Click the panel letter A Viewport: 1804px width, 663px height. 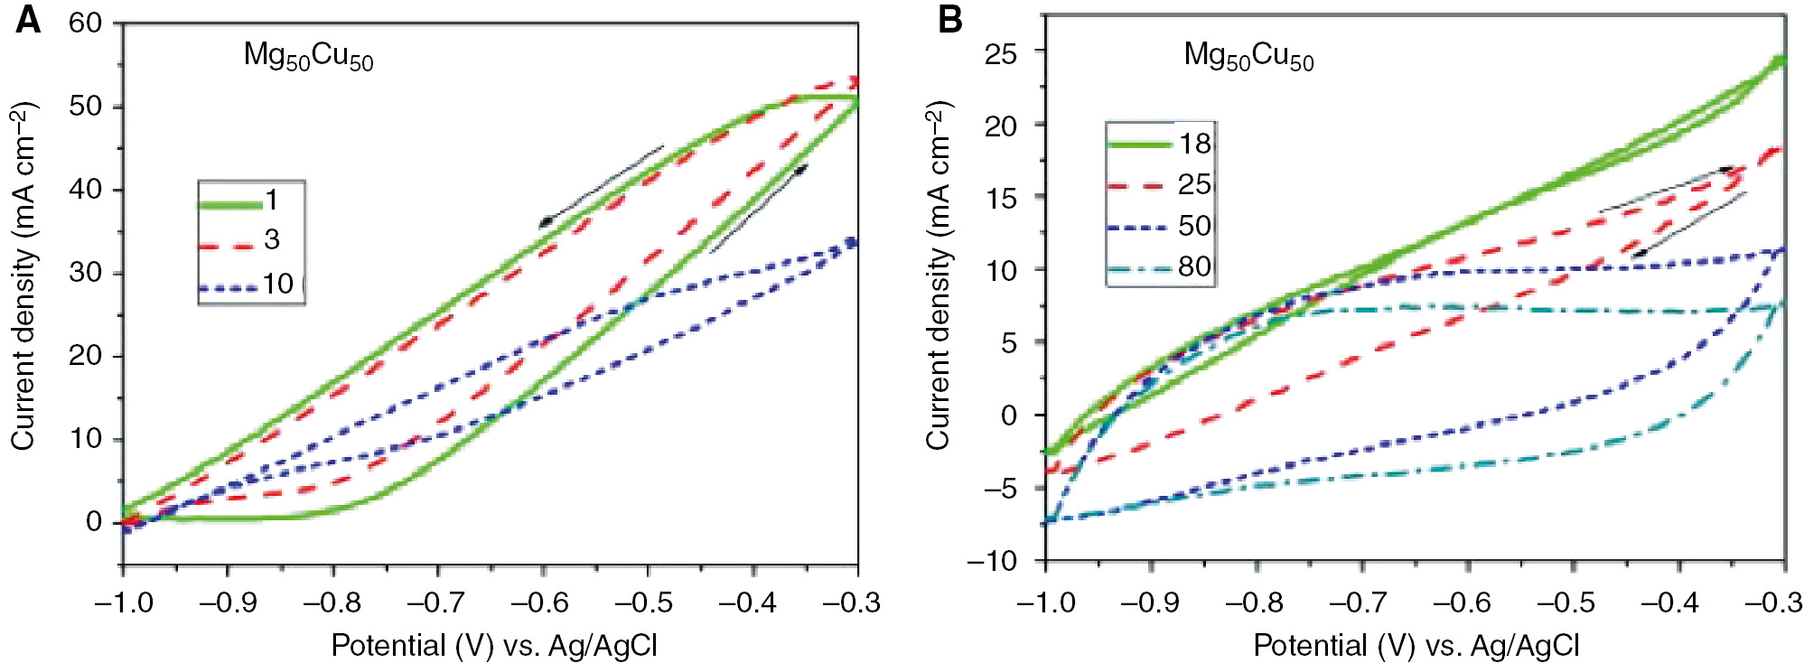point(28,19)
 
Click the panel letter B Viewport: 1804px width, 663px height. point(949,19)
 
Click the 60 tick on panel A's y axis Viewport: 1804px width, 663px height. point(86,23)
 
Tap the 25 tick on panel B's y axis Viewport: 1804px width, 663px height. point(1000,53)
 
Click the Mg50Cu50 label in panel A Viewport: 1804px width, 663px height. point(308,56)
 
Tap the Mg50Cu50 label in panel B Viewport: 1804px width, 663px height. point(1248,56)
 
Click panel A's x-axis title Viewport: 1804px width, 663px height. point(494,645)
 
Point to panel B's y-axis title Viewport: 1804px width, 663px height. point(939,275)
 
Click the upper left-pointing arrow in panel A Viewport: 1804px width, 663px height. point(601,186)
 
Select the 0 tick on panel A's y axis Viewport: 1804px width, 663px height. point(94,522)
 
